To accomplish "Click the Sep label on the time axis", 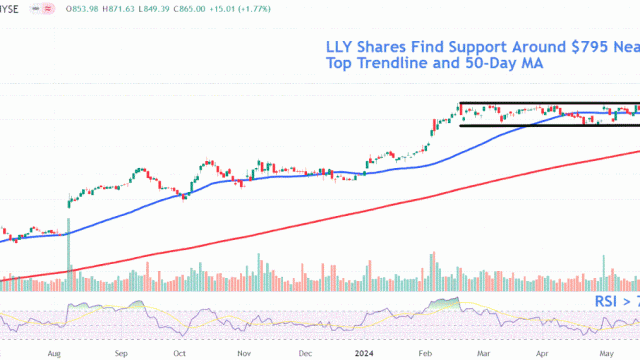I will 120,353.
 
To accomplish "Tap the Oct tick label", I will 180,353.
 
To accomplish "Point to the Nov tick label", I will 242,353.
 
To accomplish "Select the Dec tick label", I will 303,353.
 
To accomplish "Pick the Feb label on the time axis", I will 425,353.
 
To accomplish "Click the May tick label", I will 605,353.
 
